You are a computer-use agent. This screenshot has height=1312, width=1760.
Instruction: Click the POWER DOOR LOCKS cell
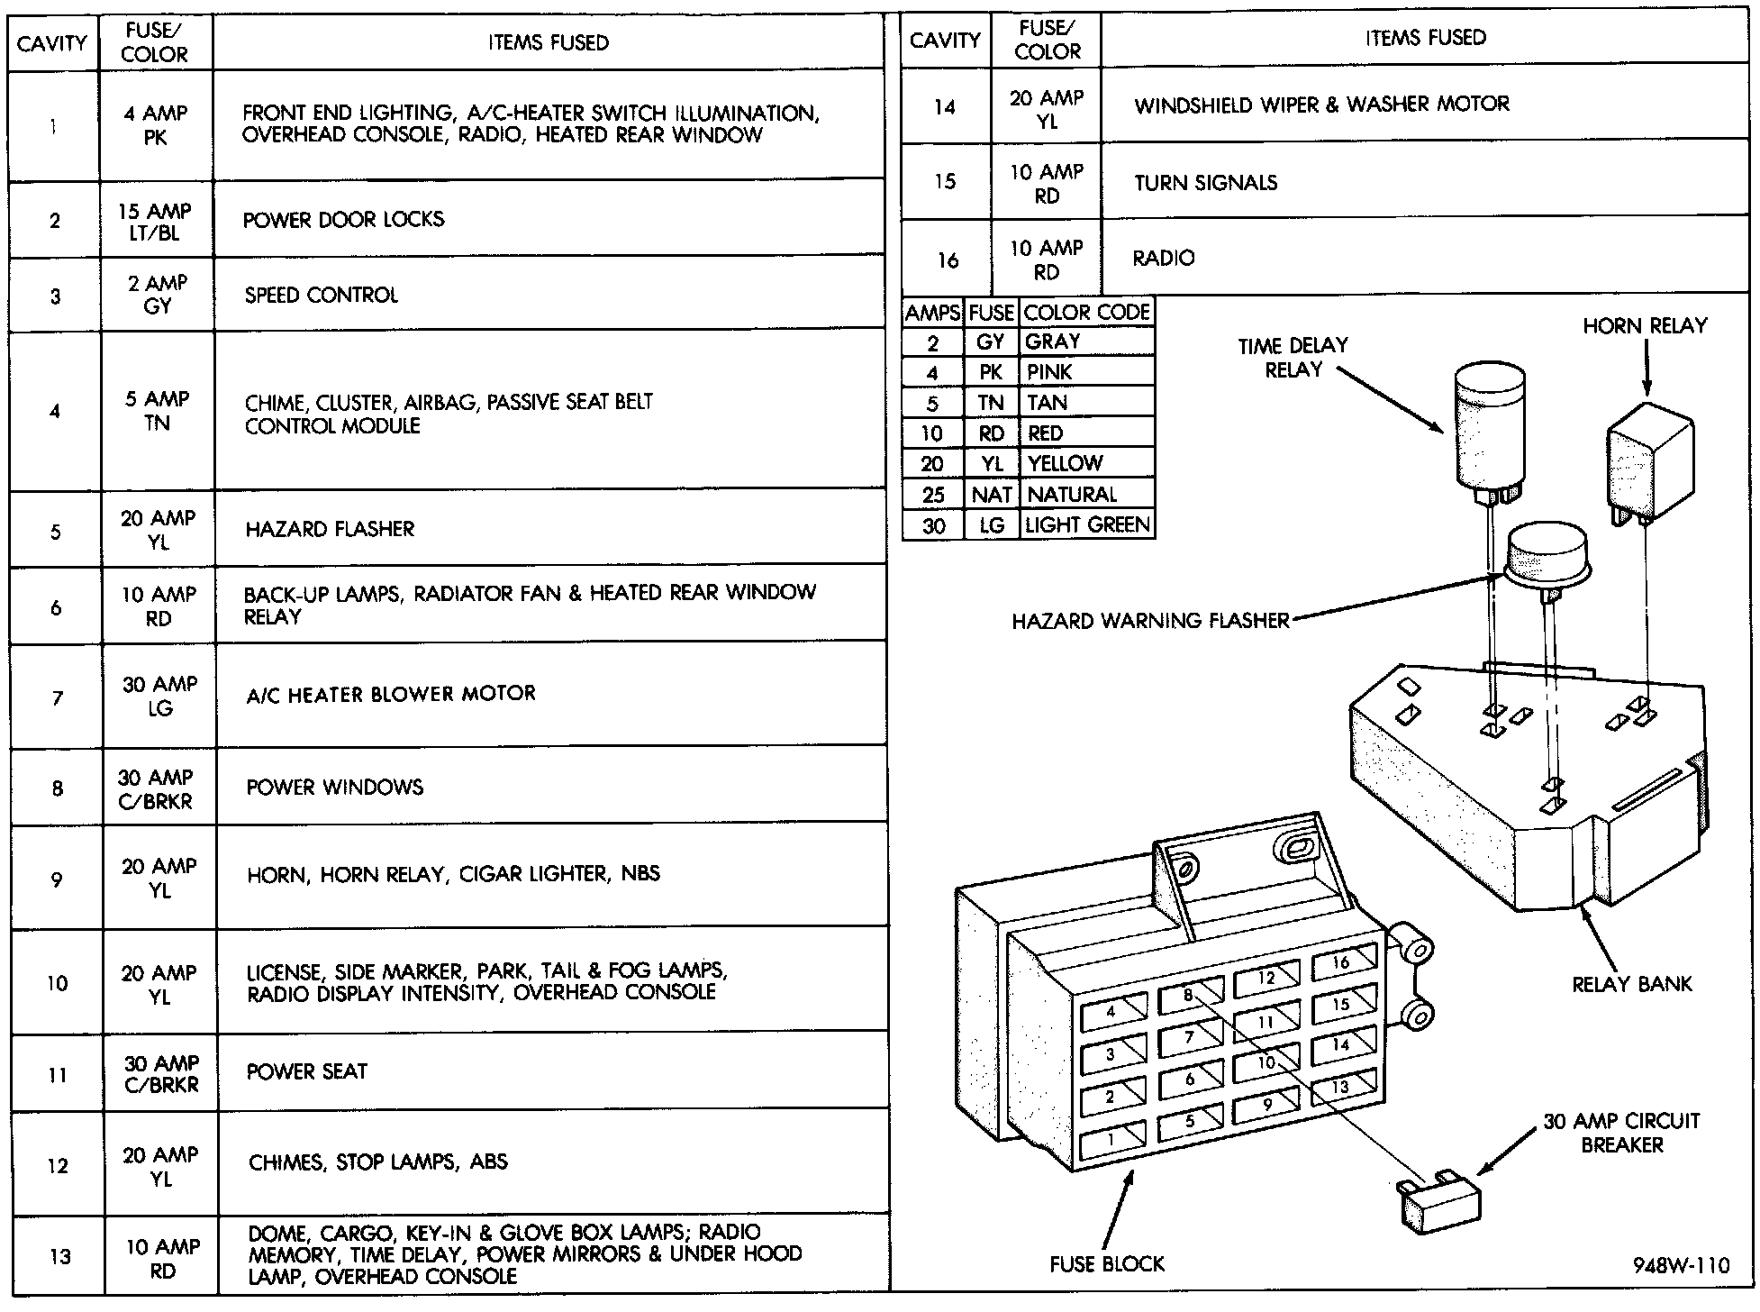click(343, 220)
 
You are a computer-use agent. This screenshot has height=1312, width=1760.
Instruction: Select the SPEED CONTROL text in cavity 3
click(321, 296)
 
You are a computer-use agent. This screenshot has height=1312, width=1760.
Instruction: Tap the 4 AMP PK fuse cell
click(156, 125)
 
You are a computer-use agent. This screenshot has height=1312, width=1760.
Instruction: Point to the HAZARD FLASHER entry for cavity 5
click(330, 529)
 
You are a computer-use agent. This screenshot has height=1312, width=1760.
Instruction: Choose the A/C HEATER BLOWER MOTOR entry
click(391, 694)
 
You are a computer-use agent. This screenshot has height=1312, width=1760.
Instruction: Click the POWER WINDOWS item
click(334, 787)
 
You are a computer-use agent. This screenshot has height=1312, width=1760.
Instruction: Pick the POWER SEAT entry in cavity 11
click(306, 1071)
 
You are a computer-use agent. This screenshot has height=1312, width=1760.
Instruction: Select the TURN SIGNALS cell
click(1205, 183)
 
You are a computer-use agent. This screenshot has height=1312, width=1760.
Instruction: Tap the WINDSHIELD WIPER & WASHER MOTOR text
click(1321, 105)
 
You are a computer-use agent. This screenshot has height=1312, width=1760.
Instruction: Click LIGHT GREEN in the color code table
click(1087, 524)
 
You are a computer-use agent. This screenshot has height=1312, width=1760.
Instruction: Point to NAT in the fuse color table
click(991, 494)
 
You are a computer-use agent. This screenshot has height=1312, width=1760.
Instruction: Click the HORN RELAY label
click(1645, 325)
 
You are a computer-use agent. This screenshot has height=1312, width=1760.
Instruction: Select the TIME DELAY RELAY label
click(1293, 357)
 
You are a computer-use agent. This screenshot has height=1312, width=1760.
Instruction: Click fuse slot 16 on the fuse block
click(1343, 963)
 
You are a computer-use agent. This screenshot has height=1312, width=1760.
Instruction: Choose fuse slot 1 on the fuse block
click(1112, 1139)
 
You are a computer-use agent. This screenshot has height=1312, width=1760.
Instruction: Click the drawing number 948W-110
click(1681, 1265)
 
